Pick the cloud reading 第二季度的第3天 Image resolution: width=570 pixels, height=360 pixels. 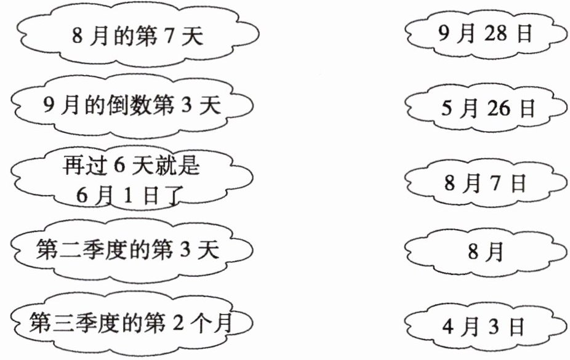tap(132, 251)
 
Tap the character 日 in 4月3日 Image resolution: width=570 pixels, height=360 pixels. tap(517, 326)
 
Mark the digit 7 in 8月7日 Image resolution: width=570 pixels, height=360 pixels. tap(496, 183)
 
